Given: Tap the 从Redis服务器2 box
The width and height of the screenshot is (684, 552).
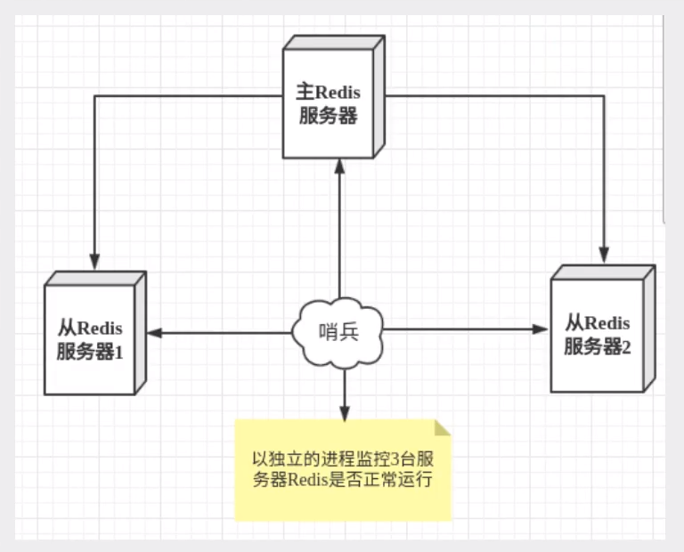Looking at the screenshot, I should tap(597, 335).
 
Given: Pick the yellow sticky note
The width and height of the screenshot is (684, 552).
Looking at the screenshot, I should tap(343, 470).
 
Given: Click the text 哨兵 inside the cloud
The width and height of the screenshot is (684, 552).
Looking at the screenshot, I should tap(339, 333).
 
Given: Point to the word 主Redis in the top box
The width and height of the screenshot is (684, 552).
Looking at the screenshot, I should tap(328, 92).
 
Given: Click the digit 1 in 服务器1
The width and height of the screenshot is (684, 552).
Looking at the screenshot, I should tap(117, 352).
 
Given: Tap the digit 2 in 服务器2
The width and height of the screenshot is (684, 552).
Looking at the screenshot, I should tap(625, 347).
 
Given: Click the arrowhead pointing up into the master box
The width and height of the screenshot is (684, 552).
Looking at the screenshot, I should tap(339, 166).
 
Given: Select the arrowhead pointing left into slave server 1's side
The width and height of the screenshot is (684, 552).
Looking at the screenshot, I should tap(153, 333).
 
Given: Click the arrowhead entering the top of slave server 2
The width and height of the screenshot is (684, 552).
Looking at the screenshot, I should tap(605, 252).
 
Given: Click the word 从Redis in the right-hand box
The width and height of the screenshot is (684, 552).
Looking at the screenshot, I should tap(597, 322).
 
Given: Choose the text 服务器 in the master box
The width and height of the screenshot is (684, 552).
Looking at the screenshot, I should tap(328, 117).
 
